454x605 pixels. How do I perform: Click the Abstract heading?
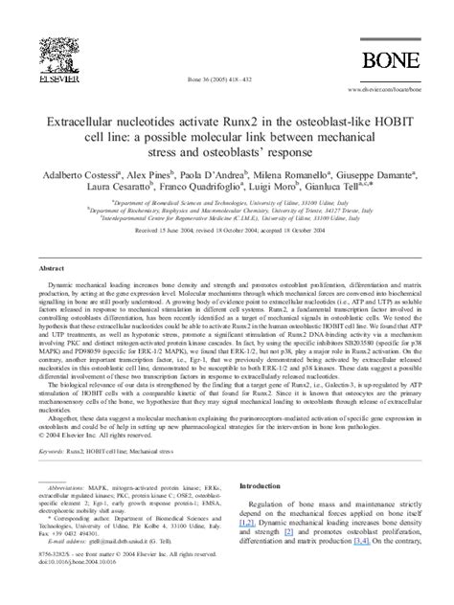52,269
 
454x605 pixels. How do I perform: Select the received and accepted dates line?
226,231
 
